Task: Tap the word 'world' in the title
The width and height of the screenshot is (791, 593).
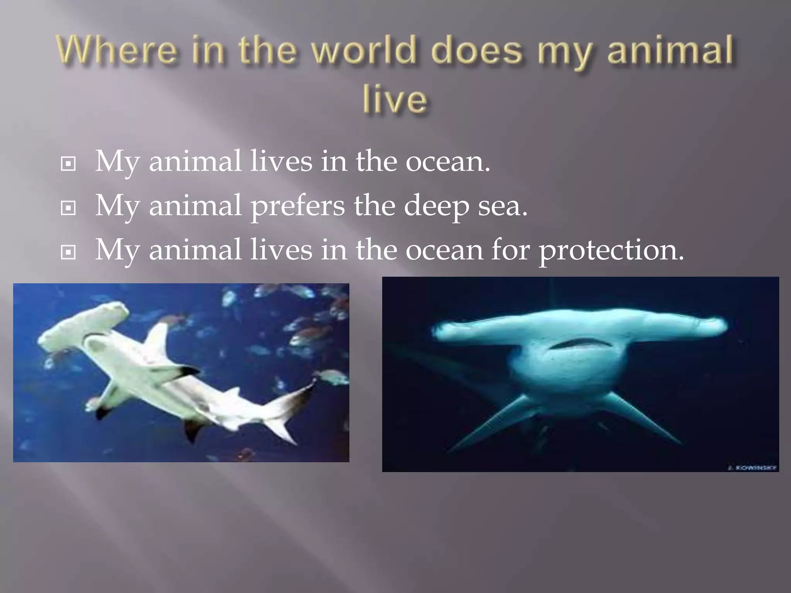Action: pos(365,50)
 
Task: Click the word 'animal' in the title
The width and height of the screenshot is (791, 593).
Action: pos(670,50)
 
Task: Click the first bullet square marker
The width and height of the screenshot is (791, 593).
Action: pos(68,164)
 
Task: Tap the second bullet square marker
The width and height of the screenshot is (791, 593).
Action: pos(68,208)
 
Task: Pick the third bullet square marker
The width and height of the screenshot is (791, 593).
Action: pos(68,253)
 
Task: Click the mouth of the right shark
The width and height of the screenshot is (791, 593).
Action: pos(579,343)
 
